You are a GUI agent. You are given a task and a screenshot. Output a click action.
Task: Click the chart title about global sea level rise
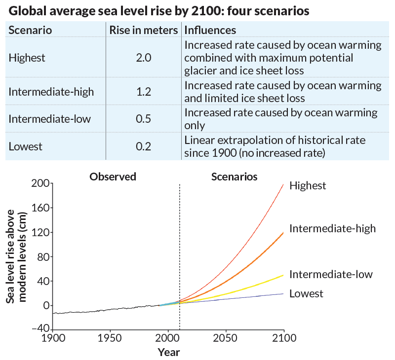click(158, 11)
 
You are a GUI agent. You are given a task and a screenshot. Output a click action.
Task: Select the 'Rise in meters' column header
click(143, 30)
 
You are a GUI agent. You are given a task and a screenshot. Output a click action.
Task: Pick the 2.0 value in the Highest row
click(143, 58)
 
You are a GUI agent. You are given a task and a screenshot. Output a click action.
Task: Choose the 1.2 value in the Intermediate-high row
click(143, 91)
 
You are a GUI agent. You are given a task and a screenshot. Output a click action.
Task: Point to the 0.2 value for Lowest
click(143, 147)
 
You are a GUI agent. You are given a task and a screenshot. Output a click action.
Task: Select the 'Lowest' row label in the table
click(26, 147)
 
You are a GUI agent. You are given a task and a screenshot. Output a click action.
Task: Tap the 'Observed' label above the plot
click(113, 177)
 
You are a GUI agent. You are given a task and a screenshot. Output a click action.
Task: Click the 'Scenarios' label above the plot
click(234, 177)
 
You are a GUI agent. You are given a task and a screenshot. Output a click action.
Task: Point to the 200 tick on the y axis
click(39, 183)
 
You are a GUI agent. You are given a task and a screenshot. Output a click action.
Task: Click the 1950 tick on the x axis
click(110, 339)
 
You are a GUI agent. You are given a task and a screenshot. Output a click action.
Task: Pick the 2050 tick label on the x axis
click(226, 339)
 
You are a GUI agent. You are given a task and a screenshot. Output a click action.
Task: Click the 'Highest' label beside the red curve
click(308, 186)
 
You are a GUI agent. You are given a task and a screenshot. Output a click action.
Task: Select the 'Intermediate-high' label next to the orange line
click(332, 228)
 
